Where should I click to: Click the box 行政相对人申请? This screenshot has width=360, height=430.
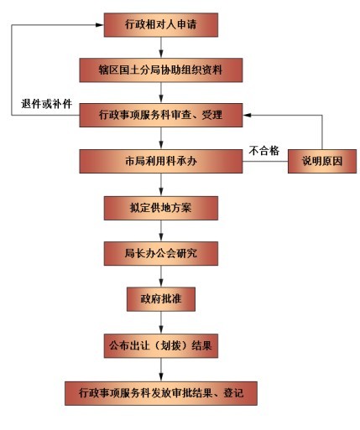(161, 25)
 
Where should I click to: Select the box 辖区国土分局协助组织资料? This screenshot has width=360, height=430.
(161, 70)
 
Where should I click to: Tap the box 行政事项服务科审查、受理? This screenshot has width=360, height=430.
(161, 115)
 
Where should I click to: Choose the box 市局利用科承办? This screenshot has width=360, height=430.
(161, 161)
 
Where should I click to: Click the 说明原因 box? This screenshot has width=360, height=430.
(322, 161)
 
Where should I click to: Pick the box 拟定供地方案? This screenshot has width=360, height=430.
(161, 208)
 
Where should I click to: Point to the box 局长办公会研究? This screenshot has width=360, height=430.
(161, 253)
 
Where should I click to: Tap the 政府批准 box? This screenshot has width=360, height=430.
(161, 299)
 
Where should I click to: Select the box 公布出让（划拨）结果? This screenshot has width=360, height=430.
(161, 346)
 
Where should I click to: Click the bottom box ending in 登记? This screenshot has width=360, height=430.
(161, 393)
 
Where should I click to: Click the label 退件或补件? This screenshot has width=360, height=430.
(46, 104)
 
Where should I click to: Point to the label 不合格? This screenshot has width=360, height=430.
(263, 151)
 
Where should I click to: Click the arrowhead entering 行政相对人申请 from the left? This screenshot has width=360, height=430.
(100, 25)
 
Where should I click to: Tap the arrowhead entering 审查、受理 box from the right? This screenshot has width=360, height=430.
(247, 115)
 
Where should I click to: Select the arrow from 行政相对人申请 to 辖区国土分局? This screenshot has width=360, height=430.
(161, 48)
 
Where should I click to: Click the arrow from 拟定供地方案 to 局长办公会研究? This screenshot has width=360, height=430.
(161, 231)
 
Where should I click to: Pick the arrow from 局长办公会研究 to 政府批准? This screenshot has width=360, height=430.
(161, 277)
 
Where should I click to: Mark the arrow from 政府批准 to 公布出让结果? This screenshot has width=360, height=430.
(161, 323)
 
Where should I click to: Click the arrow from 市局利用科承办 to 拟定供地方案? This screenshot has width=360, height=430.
(161, 184)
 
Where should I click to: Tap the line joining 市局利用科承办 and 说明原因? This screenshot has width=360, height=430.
(265, 161)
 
